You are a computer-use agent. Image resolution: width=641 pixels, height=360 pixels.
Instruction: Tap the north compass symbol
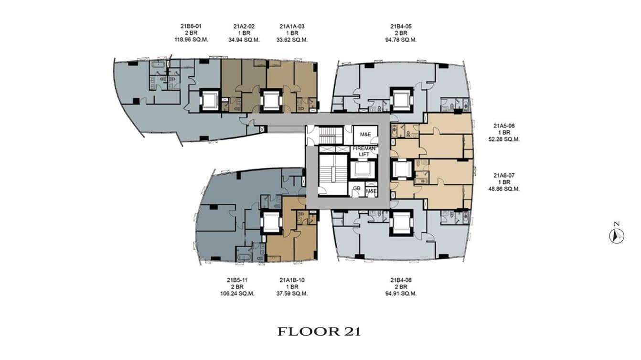click(x=617, y=236)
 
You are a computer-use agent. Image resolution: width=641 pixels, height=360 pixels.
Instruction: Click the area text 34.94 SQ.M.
click(x=244, y=40)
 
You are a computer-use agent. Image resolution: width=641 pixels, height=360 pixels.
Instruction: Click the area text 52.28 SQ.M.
click(x=506, y=139)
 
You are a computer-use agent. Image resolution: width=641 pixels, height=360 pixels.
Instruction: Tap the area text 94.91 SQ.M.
click(x=403, y=293)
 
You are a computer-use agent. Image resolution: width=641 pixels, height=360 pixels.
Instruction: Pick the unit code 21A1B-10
click(x=292, y=280)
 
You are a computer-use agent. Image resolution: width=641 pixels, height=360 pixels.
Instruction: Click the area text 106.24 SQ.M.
click(x=234, y=293)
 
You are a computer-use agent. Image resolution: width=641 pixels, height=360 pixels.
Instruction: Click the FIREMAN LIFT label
click(x=364, y=151)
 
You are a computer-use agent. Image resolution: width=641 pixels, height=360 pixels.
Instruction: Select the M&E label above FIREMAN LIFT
click(x=365, y=135)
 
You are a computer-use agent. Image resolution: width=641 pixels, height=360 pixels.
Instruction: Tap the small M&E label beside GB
click(x=371, y=191)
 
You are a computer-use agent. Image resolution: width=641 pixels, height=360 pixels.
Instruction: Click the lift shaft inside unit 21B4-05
click(x=401, y=100)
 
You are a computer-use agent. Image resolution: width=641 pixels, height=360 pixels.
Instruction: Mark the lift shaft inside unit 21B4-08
click(x=401, y=222)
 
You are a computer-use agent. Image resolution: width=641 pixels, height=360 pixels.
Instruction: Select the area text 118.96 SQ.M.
click(x=186, y=40)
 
